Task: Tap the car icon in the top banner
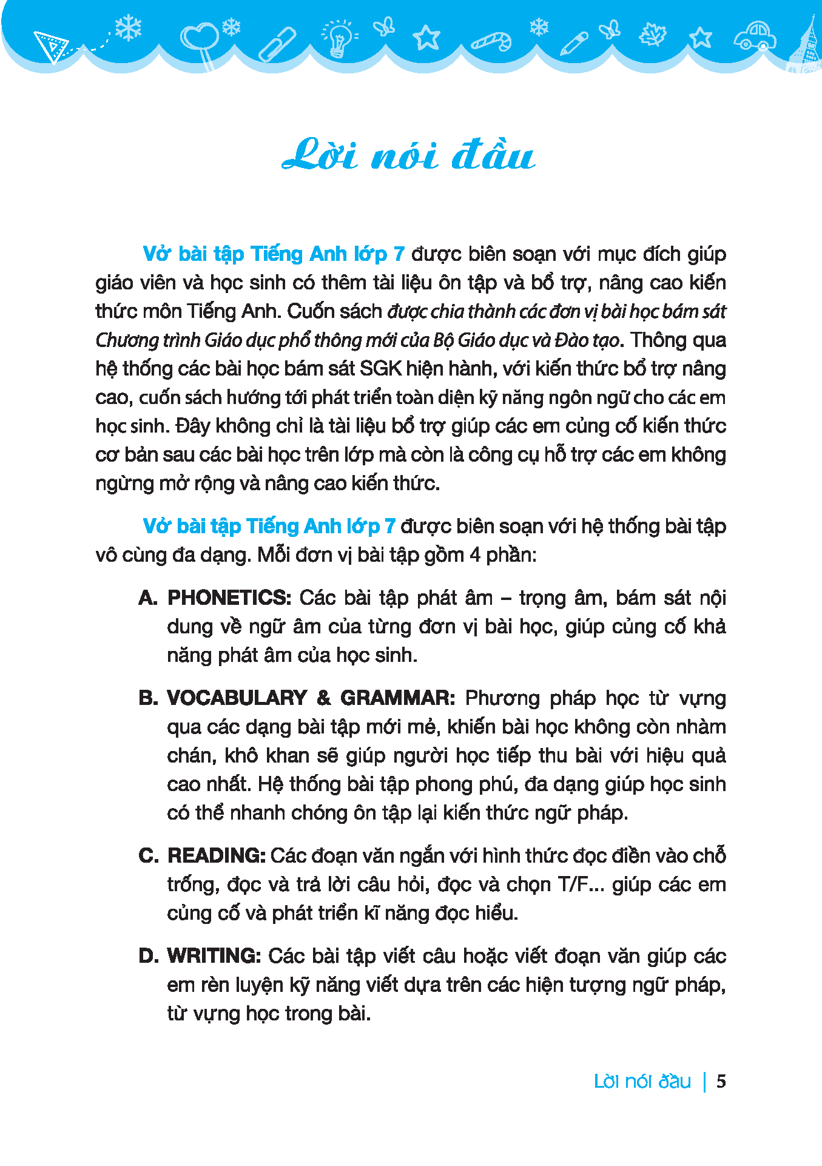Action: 755,36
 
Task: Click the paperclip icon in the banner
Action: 277,44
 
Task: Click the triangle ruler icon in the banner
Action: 51,46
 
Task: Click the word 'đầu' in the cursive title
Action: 493,155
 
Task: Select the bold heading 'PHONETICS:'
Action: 229,598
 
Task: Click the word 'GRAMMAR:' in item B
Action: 397,698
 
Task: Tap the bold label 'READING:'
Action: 217,855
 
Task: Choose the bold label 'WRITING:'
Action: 214,955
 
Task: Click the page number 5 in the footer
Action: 721,1081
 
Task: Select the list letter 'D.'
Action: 148,955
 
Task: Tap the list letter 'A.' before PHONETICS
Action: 148,598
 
